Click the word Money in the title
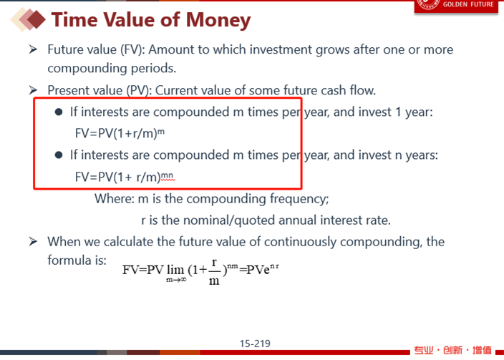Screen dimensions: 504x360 218,21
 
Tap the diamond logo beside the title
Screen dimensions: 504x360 28,19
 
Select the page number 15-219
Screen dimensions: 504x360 255,344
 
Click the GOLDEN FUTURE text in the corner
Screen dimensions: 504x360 468,4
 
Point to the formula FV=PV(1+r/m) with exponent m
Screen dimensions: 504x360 120,133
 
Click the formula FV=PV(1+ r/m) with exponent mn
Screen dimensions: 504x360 125,177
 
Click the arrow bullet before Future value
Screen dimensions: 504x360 33,49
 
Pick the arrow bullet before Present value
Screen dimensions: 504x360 33,90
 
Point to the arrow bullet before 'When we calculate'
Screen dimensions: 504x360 33,241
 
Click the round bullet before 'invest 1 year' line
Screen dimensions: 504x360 59,112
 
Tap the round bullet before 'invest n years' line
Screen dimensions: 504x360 59,155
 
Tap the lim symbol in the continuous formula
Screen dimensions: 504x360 175,270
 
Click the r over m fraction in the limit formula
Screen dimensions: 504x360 214,272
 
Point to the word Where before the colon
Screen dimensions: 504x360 114,199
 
